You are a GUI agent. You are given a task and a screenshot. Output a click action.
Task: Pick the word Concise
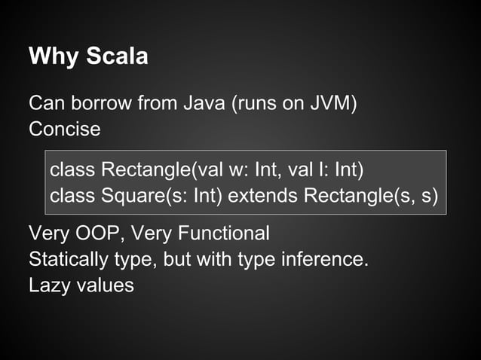(x=64, y=129)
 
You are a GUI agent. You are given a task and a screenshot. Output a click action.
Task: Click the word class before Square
(x=72, y=196)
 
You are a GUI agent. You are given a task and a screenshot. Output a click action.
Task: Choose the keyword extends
(x=263, y=196)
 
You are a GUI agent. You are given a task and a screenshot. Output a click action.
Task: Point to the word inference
(x=325, y=260)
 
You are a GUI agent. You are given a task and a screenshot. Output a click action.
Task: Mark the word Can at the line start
(x=42, y=102)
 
